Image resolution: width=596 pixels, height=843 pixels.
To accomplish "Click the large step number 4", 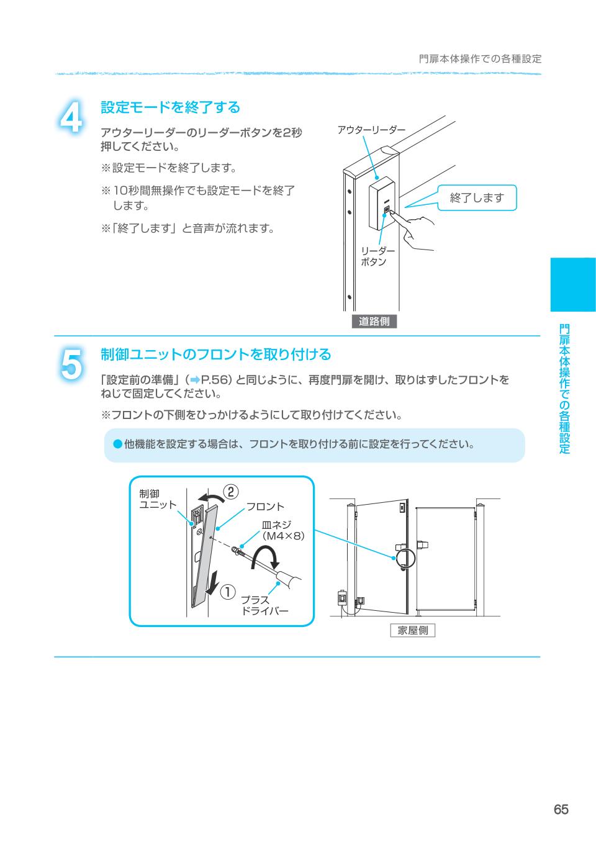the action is click(x=71, y=117).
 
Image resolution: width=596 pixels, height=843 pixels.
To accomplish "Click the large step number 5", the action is click(x=71, y=364).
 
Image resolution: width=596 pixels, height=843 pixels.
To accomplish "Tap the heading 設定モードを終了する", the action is click(x=170, y=107).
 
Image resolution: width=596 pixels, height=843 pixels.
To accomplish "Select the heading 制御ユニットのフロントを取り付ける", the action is click(x=215, y=354).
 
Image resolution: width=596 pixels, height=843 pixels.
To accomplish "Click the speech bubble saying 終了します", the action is click(x=477, y=197).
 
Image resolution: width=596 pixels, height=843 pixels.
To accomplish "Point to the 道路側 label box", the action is click(x=374, y=321).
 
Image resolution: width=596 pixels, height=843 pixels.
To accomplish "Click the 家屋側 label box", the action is click(x=413, y=630).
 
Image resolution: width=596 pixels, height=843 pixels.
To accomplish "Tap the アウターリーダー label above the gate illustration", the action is click(x=371, y=130).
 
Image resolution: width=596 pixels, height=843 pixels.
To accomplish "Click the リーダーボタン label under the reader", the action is click(x=377, y=256).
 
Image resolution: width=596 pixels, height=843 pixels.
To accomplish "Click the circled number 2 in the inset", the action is click(x=231, y=492).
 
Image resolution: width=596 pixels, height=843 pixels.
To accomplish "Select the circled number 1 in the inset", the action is click(x=227, y=592).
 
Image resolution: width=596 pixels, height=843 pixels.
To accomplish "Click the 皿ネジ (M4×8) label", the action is click(x=283, y=530).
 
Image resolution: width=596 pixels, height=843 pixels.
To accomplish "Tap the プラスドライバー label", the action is click(x=264, y=605).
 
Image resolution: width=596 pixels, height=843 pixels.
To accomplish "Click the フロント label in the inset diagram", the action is click(x=265, y=507).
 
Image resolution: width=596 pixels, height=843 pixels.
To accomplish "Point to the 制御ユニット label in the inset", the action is click(x=158, y=499).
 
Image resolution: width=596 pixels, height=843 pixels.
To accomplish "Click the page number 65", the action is click(x=561, y=809).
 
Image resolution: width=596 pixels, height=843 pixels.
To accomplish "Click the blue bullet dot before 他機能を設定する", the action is click(x=118, y=444).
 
